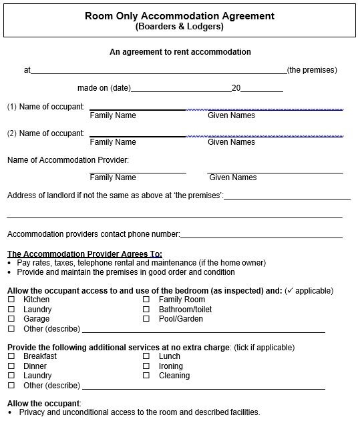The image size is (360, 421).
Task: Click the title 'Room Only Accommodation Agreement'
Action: pyautogui.click(x=180, y=16)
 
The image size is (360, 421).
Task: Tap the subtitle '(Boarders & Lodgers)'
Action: pyautogui.click(x=180, y=27)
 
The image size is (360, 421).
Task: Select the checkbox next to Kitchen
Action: pyautogui.click(x=11, y=300)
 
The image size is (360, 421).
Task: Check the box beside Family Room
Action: pyautogui.click(x=146, y=300)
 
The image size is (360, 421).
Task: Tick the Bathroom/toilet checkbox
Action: pyautogui.click(x=146, y=310)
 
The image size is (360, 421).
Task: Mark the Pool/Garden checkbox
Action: pyautogui.click(x=146, y=319)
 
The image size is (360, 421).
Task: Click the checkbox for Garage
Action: pyautogui.click(x=11, y=319)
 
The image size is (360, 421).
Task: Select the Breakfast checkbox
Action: pyautogui.click(x=11, y=357)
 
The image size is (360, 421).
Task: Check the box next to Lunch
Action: pyautogui.click(x=146, y=357)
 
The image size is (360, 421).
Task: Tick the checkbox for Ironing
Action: pyautogui.click(x=146, y=366)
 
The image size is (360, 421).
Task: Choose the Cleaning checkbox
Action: pyautogui.click(x=146, y=376)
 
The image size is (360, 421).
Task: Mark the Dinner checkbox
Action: pyautogui.click(x=11, y=366)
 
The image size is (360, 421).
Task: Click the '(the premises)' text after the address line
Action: pyautogui.click(x=312, y=70)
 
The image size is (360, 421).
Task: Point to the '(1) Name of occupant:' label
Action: pyautogui.click(x=45, y=107)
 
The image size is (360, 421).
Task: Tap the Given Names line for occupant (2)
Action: pyautogui.click(x=264, y=135)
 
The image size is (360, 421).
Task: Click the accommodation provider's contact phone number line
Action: pyautogui.click(x=261, y=236)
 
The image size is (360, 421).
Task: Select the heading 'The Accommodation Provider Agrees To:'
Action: pyautogui.click(x=85, y=254)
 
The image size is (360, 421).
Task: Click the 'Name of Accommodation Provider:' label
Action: pyautogui.click(x=67, y=160)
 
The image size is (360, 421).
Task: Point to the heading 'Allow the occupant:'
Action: pyautogui.click(x=43, y=404)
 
